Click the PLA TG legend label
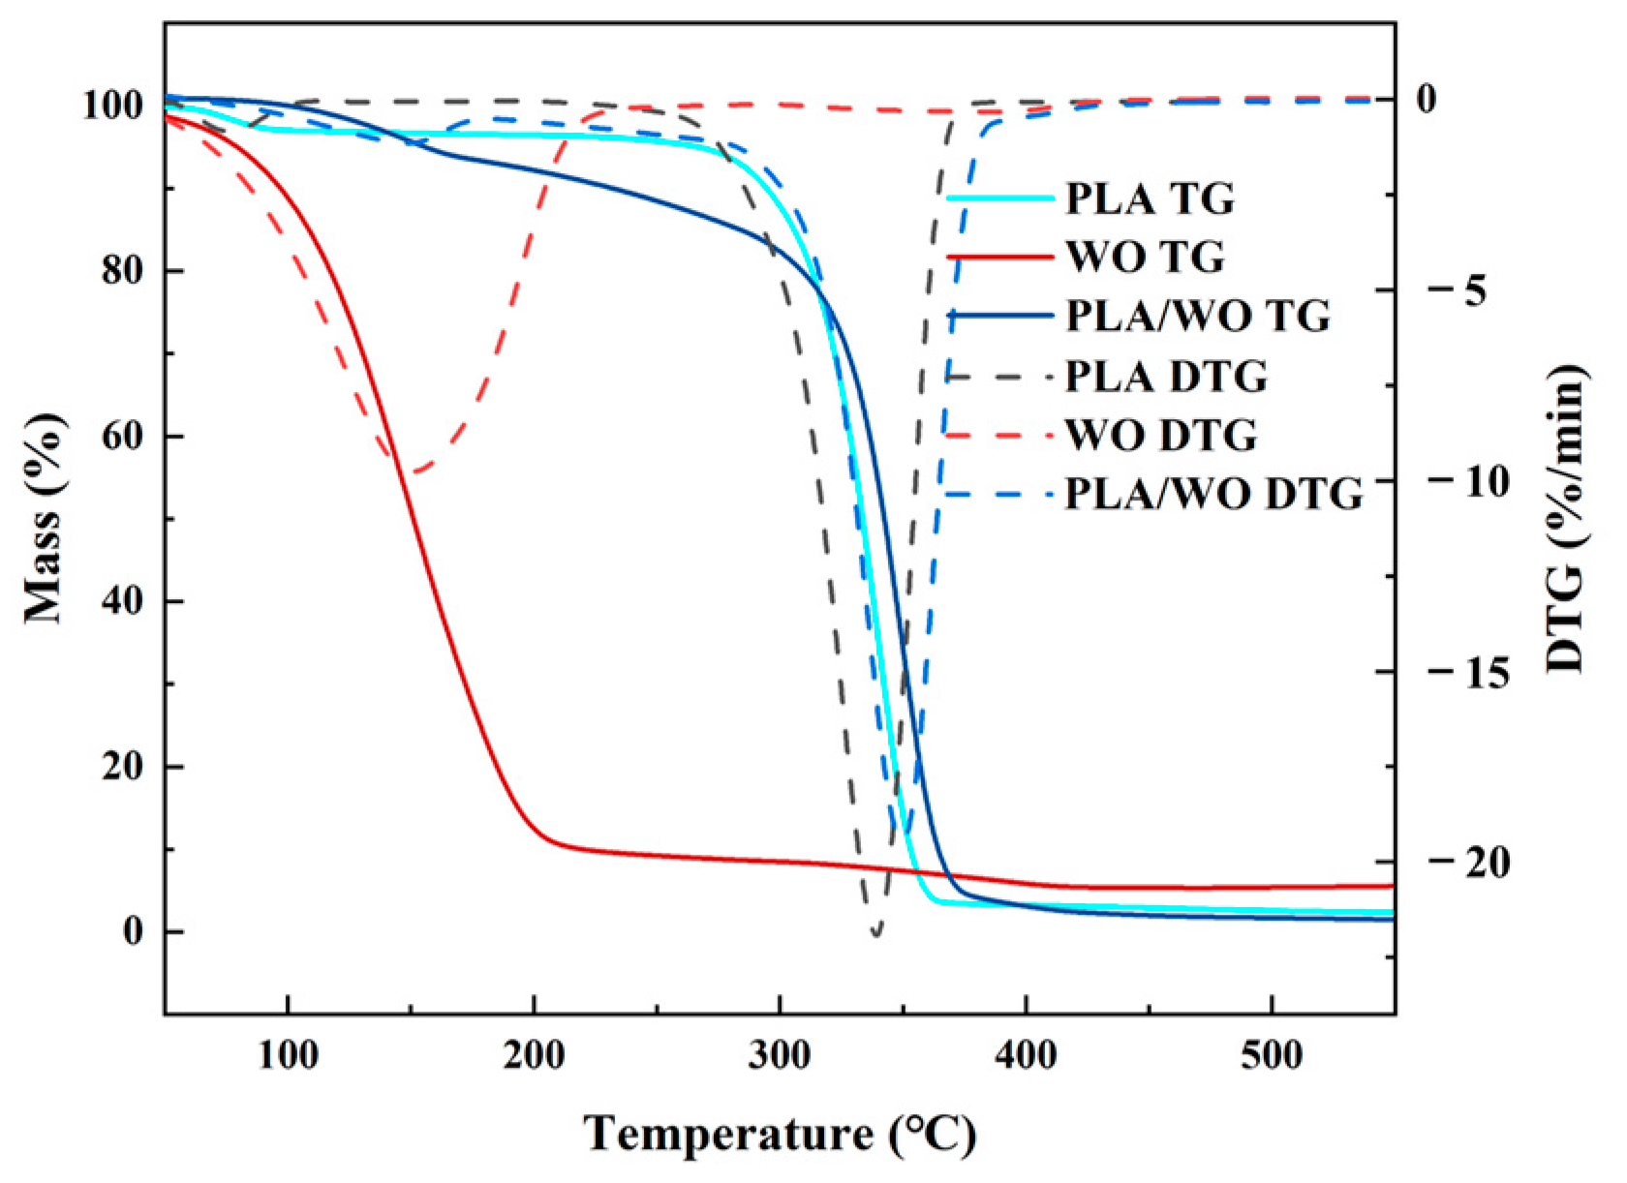point(1150,198)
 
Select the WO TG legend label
point(1145,258)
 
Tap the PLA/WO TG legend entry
point(1198,317)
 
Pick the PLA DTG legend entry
point(1166,377)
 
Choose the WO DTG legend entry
point(1161,436)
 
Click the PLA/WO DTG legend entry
point(1213,495)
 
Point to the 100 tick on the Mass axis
point(113,105)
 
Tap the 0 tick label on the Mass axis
point(134,931)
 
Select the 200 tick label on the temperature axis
point(534,1054)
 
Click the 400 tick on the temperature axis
point(1026,1054)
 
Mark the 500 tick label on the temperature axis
point(1272,1054)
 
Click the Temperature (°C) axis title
point(781,1134)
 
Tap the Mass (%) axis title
point(45,518)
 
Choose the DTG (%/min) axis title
point(1566,518)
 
